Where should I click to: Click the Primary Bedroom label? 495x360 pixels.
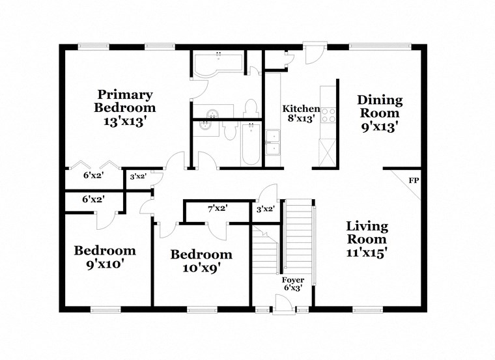[x=125, y=107]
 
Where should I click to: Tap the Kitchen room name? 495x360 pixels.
[x=300, y=109]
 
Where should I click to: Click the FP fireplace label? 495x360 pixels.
[x=413, y=180]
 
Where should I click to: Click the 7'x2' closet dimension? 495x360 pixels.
[x=218, y=208]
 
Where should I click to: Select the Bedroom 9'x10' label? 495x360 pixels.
[x=105, y=257]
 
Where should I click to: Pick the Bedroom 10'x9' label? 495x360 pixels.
[x=201, y=260]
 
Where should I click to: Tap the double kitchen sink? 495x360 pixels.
[x=272, y=143]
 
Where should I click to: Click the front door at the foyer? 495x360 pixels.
[x=283, y=304]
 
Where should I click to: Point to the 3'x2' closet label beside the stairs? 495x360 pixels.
[x=265, y=209]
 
